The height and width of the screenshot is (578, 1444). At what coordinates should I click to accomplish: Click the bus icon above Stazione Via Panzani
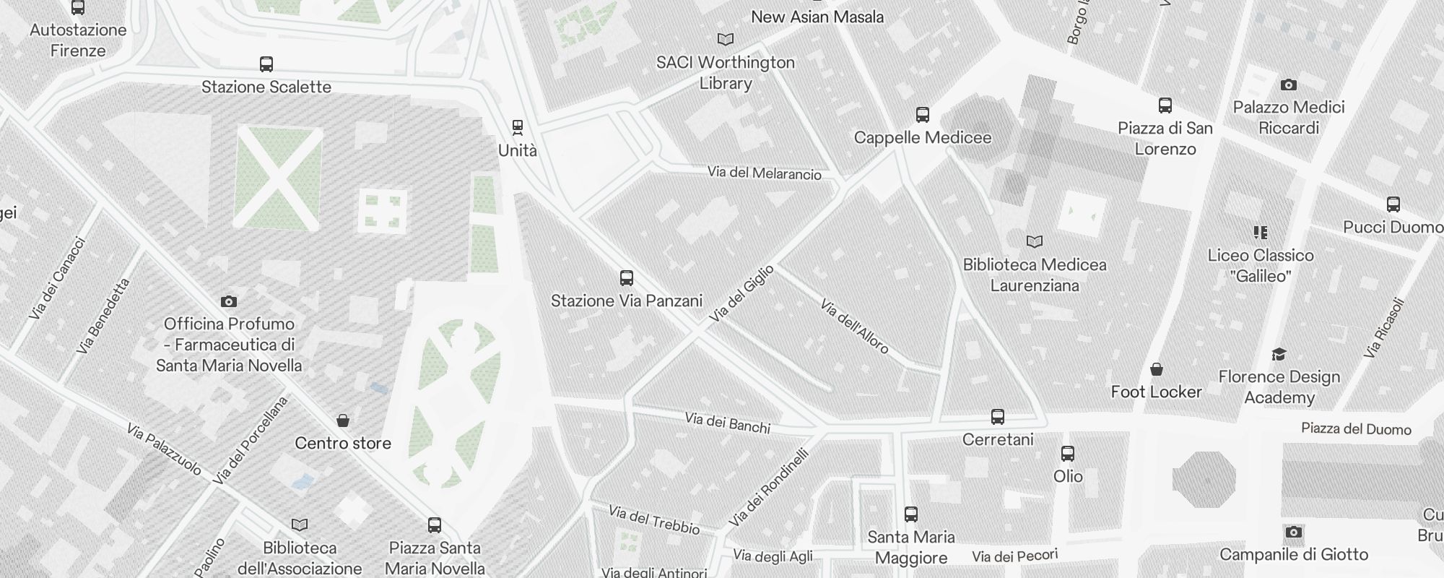[x=627, y=278]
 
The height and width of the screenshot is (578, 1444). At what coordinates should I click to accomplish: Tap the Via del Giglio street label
[x=741, y=293]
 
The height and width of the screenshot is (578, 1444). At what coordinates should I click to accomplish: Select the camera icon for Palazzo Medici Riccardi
[x=1288, y=85]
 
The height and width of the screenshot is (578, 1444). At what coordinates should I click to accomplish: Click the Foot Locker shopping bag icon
[x=1157, y=370]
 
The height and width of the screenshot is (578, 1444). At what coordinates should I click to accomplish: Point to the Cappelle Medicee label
[x=923, y=137]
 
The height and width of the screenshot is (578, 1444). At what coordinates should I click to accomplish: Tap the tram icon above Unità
[x=517, y=128]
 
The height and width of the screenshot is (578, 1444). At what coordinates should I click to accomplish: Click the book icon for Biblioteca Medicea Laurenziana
[x=1035, y=241]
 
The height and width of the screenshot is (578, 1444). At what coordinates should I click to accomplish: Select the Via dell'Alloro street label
[x=854, y=327]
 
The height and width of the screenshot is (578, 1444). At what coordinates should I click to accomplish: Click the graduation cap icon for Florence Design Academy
[x=1279, y=354]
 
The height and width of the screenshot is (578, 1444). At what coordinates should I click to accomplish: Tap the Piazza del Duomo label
[x=1356, y=429]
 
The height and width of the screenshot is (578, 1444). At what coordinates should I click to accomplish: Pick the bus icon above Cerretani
[x=998, y=417]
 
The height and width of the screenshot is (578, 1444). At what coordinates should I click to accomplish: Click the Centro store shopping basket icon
[x=343, y=420]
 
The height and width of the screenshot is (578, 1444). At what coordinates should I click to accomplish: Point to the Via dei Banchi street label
[x=727, y=423]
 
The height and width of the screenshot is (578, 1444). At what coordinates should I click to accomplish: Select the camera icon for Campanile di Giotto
[x=1293, y=532]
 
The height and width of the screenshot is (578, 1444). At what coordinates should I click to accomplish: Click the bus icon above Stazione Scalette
[x=266, y=64]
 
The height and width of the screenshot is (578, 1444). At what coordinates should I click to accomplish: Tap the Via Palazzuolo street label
[x=164, y=449]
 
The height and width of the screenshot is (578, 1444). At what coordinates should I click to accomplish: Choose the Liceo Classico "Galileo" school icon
[x=1261, y=233]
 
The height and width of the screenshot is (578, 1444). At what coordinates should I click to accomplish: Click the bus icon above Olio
[x=1068, y=454]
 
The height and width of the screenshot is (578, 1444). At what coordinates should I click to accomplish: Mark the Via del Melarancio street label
[x=765, y=173]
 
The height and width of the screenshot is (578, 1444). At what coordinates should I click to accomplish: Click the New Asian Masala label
[x=817, y=17]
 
